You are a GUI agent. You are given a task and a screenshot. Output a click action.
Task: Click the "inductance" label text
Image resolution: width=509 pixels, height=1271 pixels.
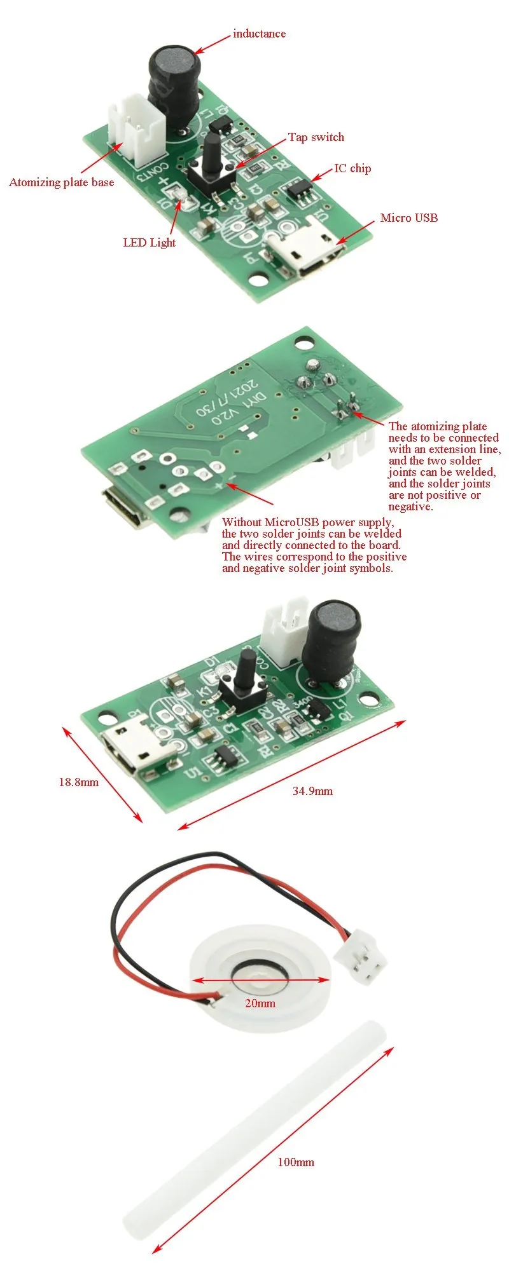point(259,34)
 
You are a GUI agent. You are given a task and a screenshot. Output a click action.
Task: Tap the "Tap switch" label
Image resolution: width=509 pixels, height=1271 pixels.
point(316,137)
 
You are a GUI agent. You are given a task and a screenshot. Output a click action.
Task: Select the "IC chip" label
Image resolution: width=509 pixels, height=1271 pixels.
point(352,168)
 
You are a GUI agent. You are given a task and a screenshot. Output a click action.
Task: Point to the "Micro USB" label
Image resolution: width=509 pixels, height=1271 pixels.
point(409,218)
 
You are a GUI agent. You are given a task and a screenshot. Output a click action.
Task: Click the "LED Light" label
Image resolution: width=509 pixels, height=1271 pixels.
point(150,243)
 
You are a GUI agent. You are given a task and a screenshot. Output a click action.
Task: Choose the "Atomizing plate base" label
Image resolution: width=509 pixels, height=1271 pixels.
point(62,182)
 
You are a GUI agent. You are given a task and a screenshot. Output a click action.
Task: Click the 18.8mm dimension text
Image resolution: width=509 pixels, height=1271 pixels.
point(79,782)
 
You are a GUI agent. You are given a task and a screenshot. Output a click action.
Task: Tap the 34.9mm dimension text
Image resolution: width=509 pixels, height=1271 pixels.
point(312,791)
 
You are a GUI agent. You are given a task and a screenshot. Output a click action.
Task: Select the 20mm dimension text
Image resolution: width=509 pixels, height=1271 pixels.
point(260,1003)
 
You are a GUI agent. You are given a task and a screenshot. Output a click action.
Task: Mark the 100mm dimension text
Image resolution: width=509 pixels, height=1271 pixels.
point(296,1162)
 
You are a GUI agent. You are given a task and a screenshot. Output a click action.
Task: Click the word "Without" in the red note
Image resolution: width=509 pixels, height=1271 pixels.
point(242,522)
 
